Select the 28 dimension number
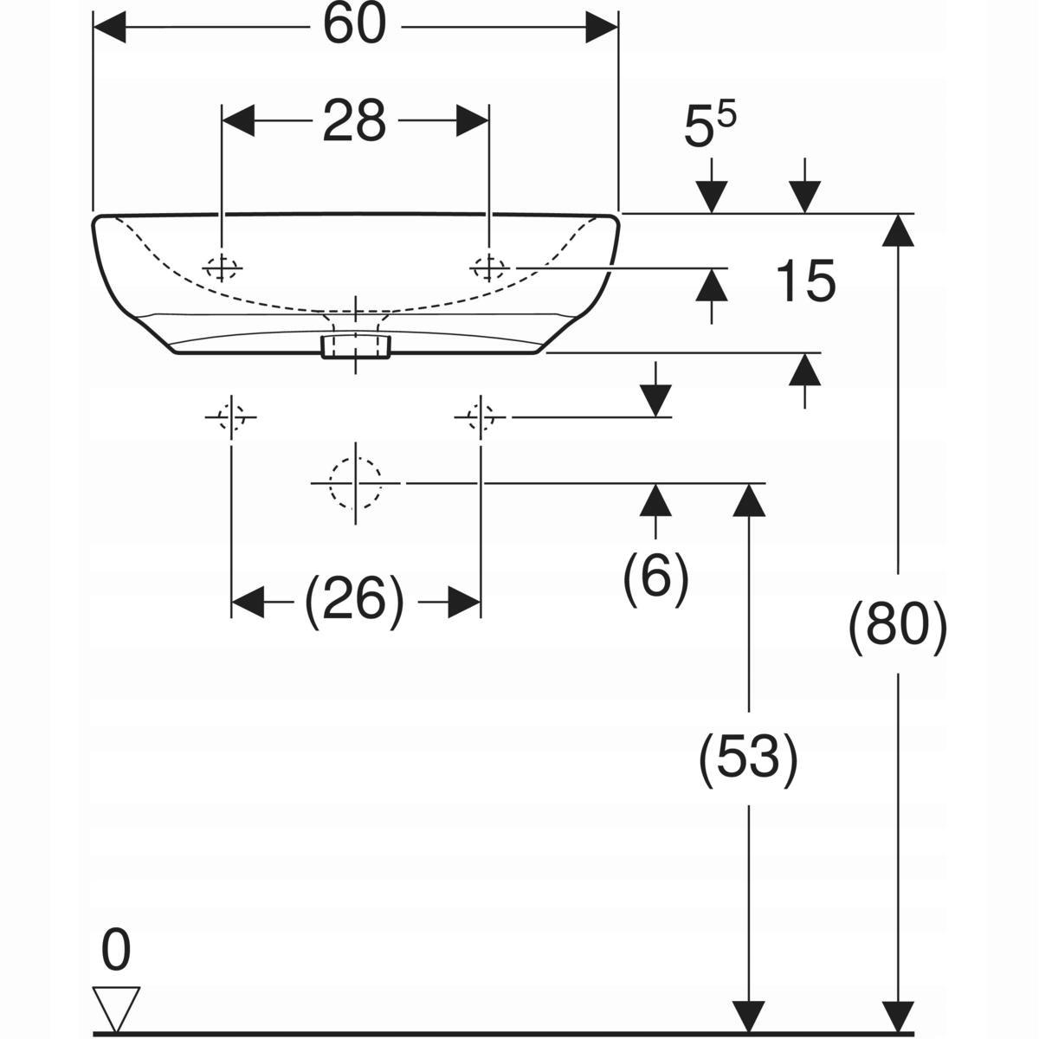[x=354, y=120]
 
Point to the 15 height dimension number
[x=805, y=281]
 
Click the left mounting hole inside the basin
[x=221, y=268]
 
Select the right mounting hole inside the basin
[x=489, y=268]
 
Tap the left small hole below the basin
[x=231, y=416]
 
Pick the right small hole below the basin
[x=481, y=416]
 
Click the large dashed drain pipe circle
[x=355, y=483]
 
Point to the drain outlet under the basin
[x=355, y=346]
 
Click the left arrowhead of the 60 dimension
[x=109, y=27]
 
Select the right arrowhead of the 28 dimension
[x=473, y=120]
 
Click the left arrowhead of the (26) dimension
[x=248, y=601]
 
